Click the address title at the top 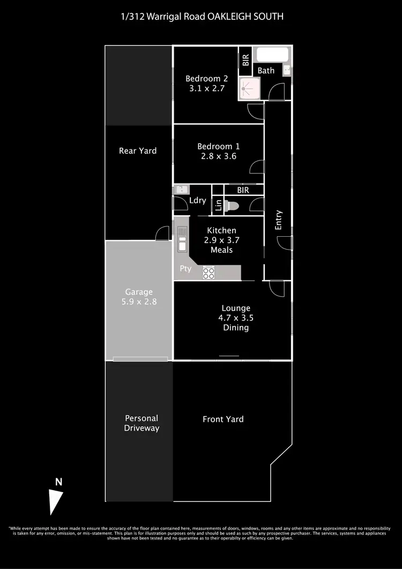click(x=201, y=17)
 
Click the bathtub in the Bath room click(x=272, y=55)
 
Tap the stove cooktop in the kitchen click(x=209, y=273)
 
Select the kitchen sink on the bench click(x=182, y=238)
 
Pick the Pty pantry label click(x=185, y=269)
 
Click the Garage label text click(x=139, y=292)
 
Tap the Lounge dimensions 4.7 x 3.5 click(x=236, y=318)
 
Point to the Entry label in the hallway click(x=278, y=220)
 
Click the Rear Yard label click(x=138, y=151)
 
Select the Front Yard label click(x=223, y=419)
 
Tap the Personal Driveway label click(x=142, y=423)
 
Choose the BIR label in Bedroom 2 click(x=245, y=59)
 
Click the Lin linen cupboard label click(x=218, y=205)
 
